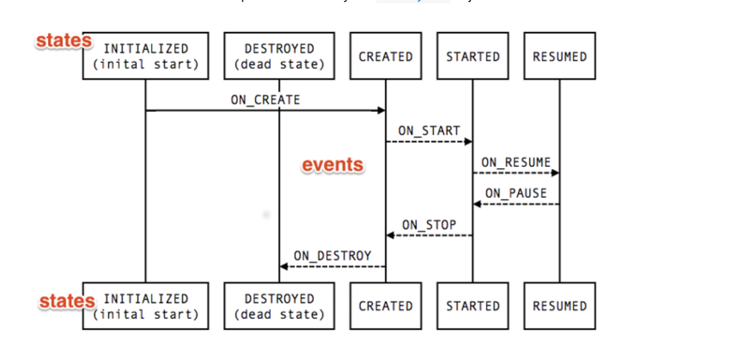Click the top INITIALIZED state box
point(146,56)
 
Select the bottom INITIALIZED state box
point(146,306)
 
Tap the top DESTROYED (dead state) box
point(279,56)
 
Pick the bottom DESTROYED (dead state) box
point(279,306)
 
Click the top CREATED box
point(386,56)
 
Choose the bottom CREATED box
point(386,306)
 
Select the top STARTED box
point(473,56)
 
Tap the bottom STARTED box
point(473,306)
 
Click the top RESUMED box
point(560,56)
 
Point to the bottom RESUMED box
point(560,306)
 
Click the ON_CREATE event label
point(265,100)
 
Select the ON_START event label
point(429,131)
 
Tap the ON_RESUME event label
point(516,162)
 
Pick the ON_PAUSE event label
point(516,193)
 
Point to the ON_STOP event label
point(429,225)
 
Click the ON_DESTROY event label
point(332,256)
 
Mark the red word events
point(332,165)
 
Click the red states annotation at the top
point(64,41)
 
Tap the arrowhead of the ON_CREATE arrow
point(381,110)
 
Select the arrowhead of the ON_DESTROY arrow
point(284,267)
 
